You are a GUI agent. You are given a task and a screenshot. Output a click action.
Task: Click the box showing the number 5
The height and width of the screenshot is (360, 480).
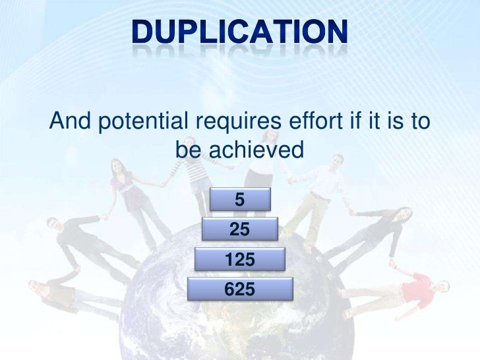click(240, 198)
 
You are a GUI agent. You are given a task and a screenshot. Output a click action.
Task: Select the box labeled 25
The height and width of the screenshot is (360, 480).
click(239, 229)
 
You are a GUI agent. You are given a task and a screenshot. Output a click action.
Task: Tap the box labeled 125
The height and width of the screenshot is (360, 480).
click(240, 260)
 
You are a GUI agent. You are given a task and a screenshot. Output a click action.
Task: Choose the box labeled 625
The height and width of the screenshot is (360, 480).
click(240, 289)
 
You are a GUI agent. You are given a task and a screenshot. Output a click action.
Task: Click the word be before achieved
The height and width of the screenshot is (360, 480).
click(189, 151)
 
